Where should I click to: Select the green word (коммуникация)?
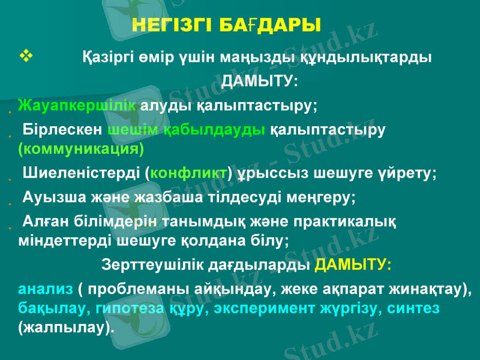point(80,148)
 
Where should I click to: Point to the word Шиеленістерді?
point(82,174)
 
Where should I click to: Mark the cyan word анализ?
point(46,289)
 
